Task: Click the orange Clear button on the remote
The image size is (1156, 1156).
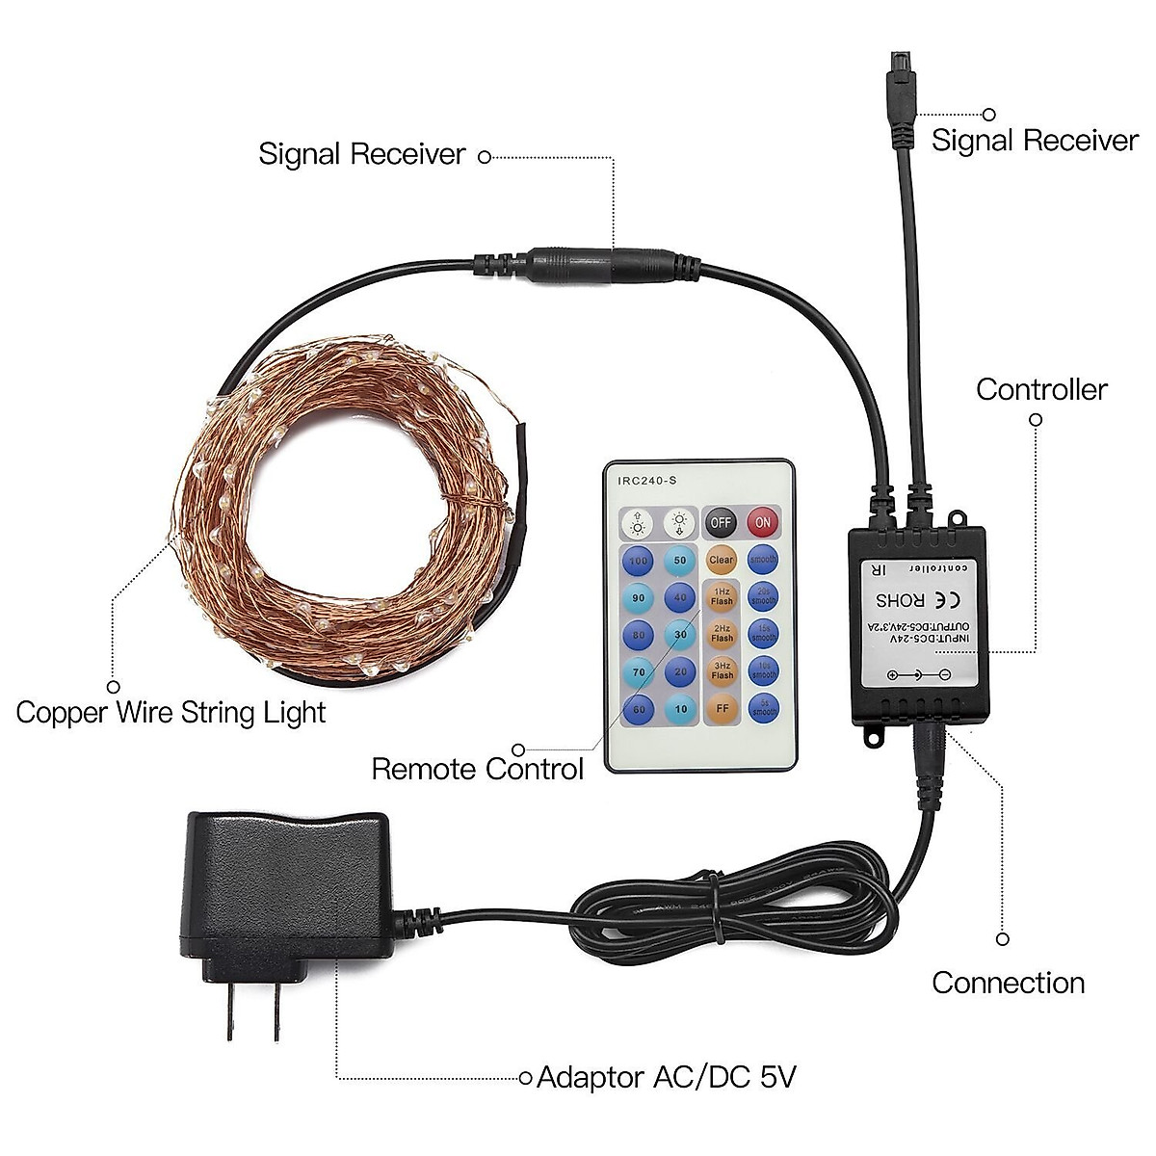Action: pos(721,560)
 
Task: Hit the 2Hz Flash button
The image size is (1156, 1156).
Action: pos(722,633)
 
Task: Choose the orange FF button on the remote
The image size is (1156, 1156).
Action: pos(722,708)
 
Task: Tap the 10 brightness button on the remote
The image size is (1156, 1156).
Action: pos(679,708)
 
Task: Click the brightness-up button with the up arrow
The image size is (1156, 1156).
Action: pos(638,524)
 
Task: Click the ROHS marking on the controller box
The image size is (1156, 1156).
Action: pos(900,599)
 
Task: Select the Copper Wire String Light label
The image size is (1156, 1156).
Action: pos(171,713)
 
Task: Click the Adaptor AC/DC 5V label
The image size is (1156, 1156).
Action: pos(667,1076)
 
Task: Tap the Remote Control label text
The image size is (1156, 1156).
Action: pos(478,769)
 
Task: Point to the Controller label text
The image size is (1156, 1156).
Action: pos(1041,389)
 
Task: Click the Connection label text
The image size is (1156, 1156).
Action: pos(1008,983)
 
